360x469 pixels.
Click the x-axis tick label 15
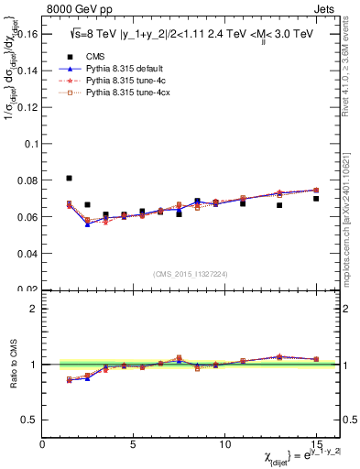coord(316,444)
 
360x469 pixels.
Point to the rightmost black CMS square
coord(316,199)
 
